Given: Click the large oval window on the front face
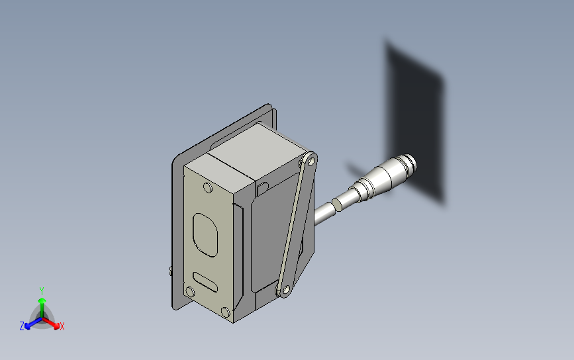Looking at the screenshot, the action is point(205,235).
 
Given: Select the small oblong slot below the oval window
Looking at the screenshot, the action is point(205,282).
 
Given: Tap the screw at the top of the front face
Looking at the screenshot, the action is point(208,188).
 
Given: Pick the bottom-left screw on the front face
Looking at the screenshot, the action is point(190,292).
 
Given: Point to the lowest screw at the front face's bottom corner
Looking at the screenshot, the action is point(226,312).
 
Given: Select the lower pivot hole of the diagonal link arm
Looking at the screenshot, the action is point(286,291).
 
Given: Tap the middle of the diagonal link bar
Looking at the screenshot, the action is point(297,225).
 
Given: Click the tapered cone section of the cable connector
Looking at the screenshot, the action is point(381,175).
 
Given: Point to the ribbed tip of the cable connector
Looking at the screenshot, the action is point(407,164).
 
